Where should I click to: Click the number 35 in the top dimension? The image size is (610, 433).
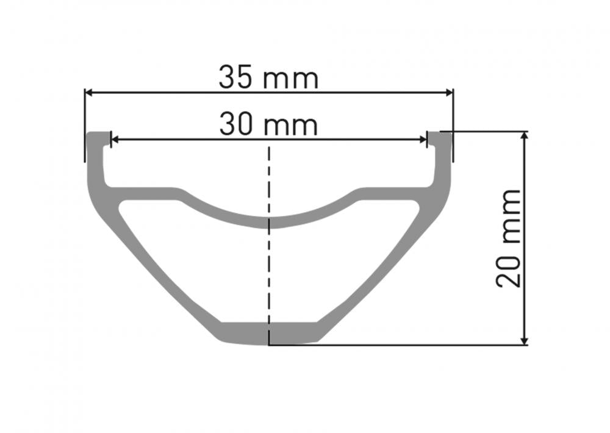coord(236,77)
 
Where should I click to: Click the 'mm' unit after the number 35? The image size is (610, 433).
coord(291,80)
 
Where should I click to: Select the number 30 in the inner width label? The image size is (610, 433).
coord(236,124)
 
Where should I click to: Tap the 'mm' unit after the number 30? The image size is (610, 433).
coord(290,126)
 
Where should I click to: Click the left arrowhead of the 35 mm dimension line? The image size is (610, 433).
coord(88,93)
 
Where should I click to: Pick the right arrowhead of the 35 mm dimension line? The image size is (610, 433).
coord(450,93)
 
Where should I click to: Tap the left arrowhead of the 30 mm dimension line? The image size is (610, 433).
coord(115,139)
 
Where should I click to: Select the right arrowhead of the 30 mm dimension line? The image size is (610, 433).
coord(423,139)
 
